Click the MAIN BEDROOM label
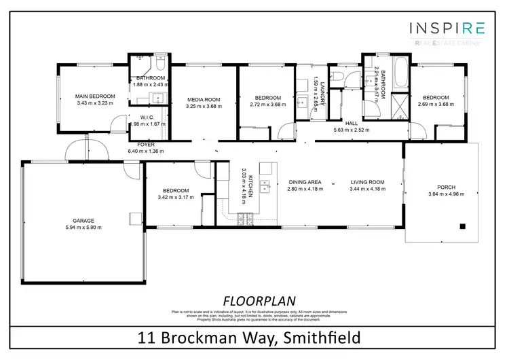tap(95, 96)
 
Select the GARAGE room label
tap(83, 220)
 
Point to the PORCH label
tap(446, 187)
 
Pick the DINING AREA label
tap(305, 182)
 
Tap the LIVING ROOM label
tap(367, 182)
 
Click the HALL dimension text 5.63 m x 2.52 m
tap(351, 130)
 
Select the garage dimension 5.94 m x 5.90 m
tap(83, 227)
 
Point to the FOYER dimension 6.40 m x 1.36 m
tap(146, 151)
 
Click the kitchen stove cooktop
tap(244, 217)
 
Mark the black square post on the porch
tap(462, 226)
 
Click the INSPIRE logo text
tap(446, 28)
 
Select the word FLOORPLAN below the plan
tap(254, 300)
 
